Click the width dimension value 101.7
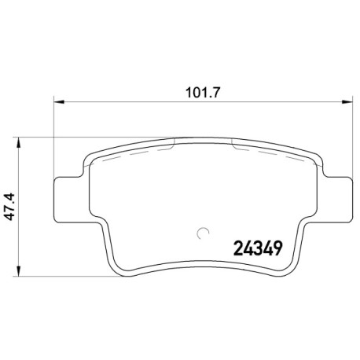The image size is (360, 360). coord(202,93)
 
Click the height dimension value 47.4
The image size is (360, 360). coord(11,207)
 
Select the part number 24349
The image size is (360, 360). coord(258,248)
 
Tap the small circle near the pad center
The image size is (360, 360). coord(203,233)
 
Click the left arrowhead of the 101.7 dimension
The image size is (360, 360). coord(59,102)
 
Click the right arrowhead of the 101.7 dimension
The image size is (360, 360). coord(347,102)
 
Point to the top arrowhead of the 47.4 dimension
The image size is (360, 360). coord(18,143)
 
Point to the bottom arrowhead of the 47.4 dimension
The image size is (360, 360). coord(18,270)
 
